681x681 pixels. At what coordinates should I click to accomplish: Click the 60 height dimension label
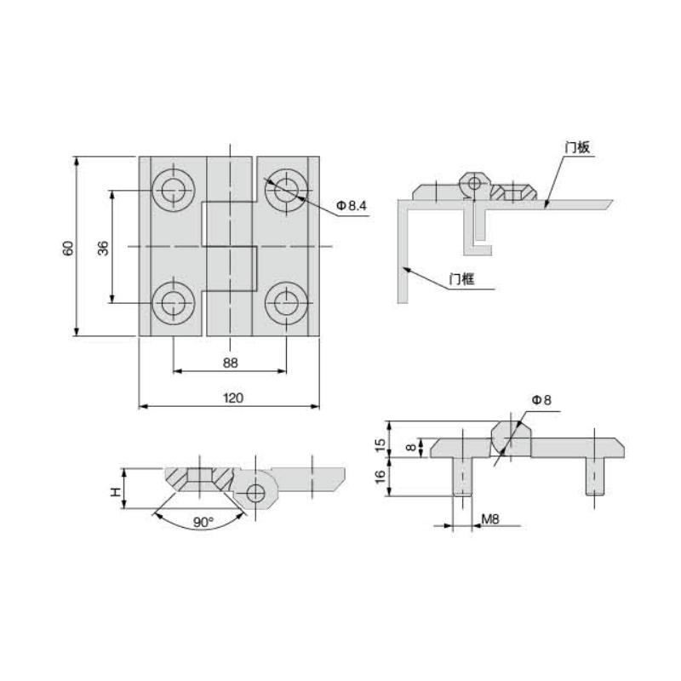(69, 248)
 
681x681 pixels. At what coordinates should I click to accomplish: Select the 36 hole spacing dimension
(103, 248)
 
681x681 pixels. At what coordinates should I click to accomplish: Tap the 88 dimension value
(230, 363)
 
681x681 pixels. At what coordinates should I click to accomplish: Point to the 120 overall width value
(232, 398)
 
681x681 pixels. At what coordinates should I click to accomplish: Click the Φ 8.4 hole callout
(352, 205)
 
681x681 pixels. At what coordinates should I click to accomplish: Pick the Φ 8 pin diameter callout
(541, 399)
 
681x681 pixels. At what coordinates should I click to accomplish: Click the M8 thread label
(490, 518)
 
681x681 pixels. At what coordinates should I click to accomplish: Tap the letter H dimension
(115, 492)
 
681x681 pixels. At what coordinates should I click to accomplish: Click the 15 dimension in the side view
(380, 444)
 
